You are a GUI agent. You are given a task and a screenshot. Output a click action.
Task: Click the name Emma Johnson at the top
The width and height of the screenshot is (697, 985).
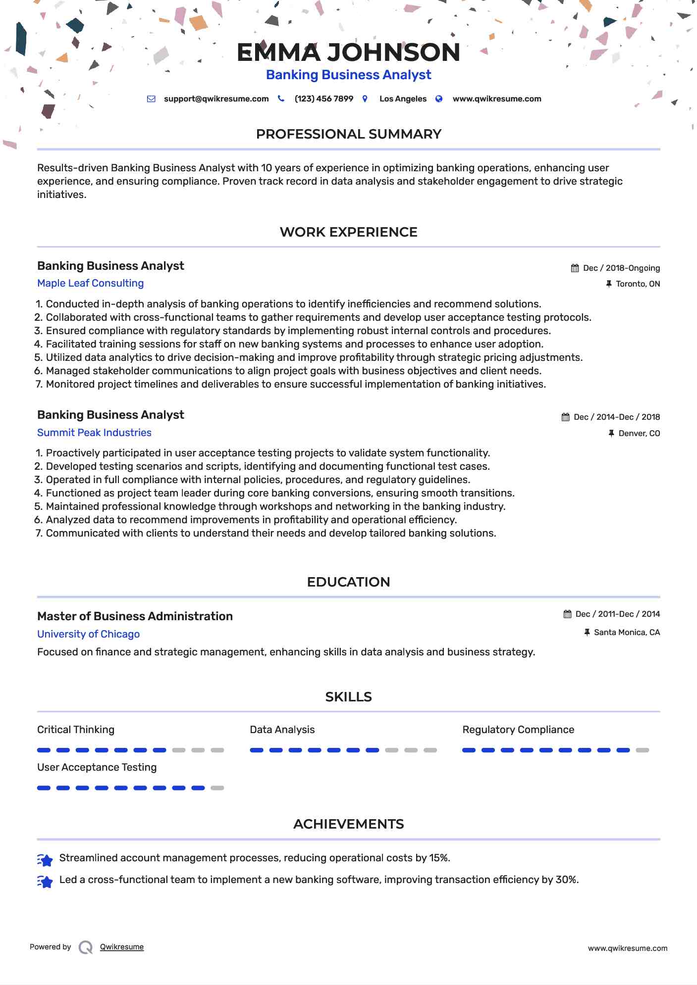348,52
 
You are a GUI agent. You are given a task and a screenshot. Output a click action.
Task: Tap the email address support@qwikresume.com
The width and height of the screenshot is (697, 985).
216,99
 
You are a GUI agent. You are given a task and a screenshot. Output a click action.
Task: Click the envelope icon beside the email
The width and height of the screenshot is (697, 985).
151,99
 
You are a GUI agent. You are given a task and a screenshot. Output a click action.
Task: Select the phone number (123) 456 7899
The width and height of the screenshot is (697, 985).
323,99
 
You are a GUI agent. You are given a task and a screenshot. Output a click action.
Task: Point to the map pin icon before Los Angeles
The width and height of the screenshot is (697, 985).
365,99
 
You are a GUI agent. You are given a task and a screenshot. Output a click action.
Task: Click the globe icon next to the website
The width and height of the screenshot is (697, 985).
439,99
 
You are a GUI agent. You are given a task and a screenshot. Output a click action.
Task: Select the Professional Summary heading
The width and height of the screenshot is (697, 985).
348,134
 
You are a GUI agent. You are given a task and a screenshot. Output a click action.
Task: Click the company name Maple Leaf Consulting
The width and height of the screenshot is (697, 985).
90,283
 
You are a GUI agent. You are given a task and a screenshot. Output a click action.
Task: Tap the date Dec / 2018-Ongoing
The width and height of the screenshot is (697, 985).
621,268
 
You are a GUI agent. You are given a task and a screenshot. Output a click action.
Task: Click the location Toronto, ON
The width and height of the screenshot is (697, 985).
638,284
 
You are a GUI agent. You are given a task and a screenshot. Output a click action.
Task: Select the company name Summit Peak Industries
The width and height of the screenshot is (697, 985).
94,433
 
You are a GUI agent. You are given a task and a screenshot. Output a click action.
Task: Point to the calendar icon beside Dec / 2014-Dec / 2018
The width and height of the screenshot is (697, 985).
565,417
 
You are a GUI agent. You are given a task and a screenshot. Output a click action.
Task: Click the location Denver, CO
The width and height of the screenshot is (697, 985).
639,434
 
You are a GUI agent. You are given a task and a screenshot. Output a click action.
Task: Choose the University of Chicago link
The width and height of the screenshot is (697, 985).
88,634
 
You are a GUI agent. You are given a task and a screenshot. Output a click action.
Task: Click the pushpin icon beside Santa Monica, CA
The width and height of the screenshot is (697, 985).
587,633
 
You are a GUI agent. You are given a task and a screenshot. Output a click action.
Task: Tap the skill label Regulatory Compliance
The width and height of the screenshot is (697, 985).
518,730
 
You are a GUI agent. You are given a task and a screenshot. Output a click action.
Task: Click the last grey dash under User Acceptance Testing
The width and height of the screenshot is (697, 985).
217,788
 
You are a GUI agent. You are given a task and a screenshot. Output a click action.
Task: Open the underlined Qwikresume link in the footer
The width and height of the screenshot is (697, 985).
122,947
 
